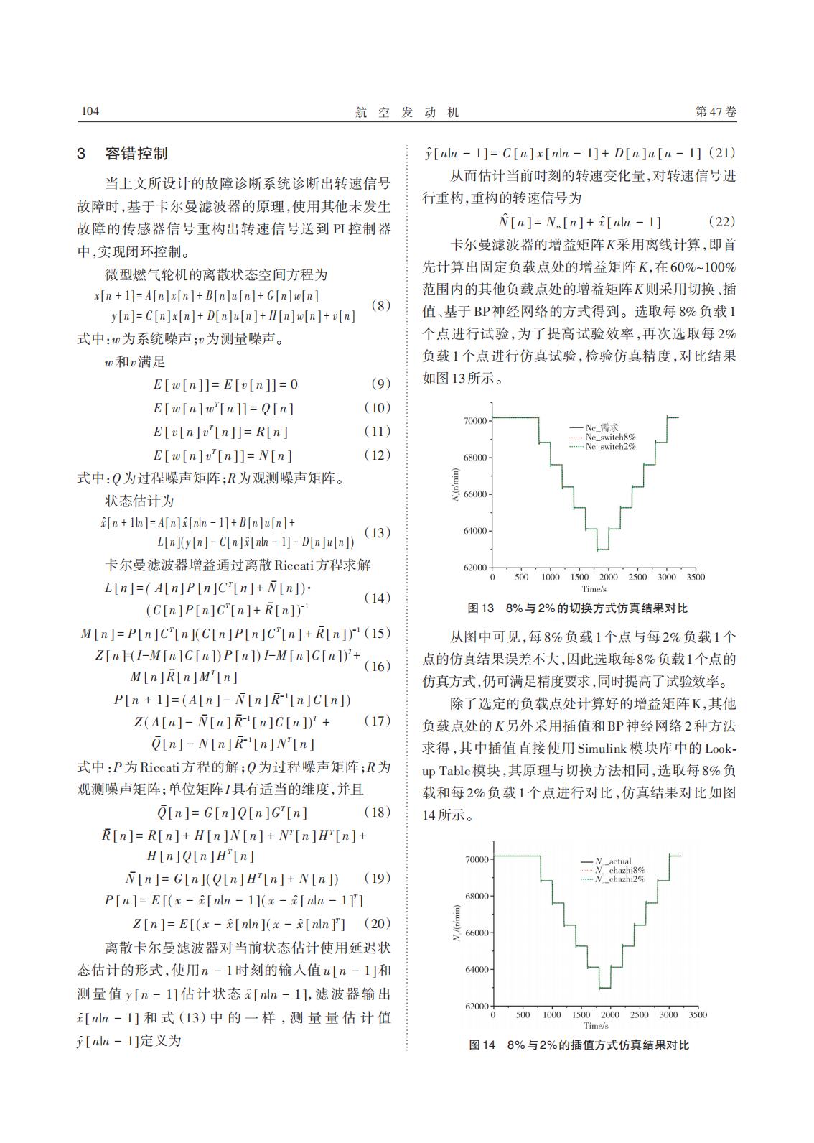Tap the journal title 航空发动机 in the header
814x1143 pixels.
point(406,112)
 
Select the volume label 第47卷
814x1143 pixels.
point(716,112)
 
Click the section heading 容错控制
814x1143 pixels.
point(136,153)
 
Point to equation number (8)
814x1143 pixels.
point(380,305)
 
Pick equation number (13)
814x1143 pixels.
point(378,532)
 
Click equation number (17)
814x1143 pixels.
point(378,721)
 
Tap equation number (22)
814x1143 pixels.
point(721,222)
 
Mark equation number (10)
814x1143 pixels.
point(378,407)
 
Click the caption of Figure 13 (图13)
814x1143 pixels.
point(578,608)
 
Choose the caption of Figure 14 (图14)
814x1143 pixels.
point(579,1045)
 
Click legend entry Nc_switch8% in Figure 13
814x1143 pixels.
point(610,437)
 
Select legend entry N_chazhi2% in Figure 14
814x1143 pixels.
point(619,879)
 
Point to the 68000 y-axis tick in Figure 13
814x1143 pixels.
point(476,458)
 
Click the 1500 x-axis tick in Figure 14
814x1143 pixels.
point(581,1014)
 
